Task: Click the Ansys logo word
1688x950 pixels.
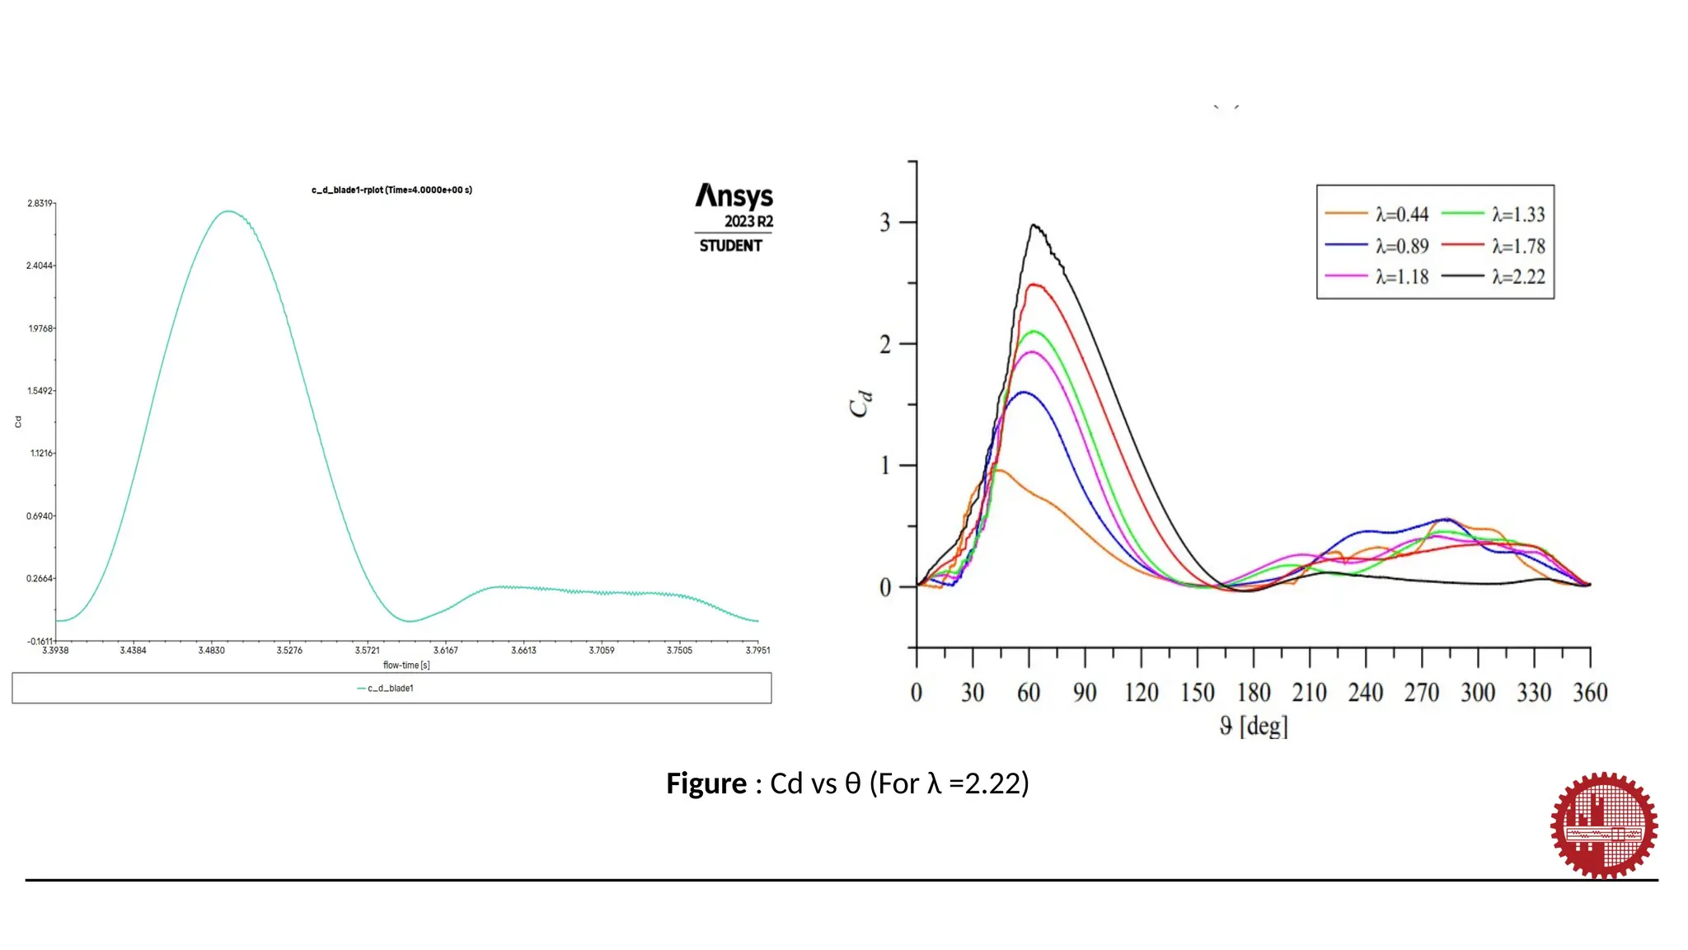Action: [734, 196]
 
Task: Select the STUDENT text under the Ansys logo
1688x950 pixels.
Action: [730, 246]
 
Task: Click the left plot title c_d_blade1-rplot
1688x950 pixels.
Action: [392, 190]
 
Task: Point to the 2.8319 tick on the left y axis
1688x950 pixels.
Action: [40, 203]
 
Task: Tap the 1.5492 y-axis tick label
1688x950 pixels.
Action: [40, 391]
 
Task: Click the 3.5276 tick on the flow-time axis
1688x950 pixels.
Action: [289, 651]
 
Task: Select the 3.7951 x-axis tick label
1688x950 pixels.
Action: [757, 651]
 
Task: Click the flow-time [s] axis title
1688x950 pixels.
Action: [406, 665]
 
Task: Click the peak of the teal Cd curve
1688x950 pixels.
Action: [228, 211]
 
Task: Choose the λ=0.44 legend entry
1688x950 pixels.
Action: [1377, 214]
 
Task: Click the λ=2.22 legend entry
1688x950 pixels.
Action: [1493, 277]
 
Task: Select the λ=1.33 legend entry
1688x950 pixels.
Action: [1493, 214]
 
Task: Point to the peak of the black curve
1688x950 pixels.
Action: [1034, 225]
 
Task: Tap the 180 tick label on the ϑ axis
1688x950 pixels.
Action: [1254, 693]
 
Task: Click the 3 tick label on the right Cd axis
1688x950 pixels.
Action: [885, 223]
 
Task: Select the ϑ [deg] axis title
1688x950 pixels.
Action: [1254, 726]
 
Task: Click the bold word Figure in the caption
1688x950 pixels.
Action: [706, 783]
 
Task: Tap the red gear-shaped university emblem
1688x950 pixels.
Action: [1603, 825]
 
